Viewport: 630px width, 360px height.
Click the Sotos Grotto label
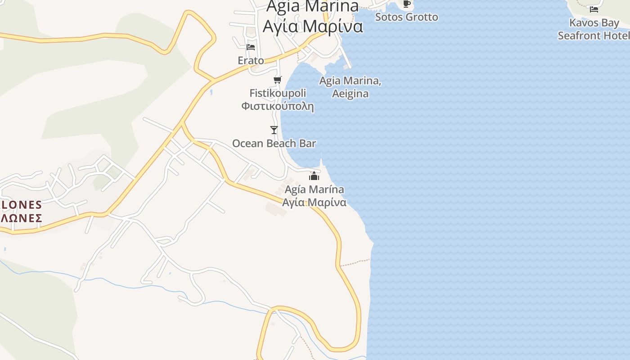click(x=406, y=17)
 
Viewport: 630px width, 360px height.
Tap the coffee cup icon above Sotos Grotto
click(x=407, y=4)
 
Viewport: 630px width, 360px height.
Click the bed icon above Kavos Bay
click(x=594, y=9)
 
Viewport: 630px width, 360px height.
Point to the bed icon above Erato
click(x=251, y=47)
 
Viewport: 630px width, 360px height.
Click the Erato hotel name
click(x=251, y=60)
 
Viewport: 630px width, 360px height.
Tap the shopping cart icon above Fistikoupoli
click(x=278, y=80)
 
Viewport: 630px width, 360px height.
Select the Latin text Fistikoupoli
click(x=278, y=93)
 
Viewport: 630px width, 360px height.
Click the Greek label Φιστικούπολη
click(x=277, y=107)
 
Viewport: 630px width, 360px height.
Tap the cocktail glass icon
click(x=274, y=130)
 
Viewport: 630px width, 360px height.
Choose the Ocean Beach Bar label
click(x=274, y=144)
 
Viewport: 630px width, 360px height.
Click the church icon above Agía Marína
click(x=314, y=176)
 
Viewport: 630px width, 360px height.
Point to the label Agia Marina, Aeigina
click(x=350, y=87)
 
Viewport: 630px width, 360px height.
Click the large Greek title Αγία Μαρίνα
click(x=313, y=27)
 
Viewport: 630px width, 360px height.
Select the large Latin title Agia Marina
click(x=313, y=6)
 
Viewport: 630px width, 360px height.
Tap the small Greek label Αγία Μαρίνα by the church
click(x=314, y=202)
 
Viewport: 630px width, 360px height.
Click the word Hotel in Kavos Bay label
click(x=616, y=36)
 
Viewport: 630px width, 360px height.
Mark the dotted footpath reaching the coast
click(x=355, y=262)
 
